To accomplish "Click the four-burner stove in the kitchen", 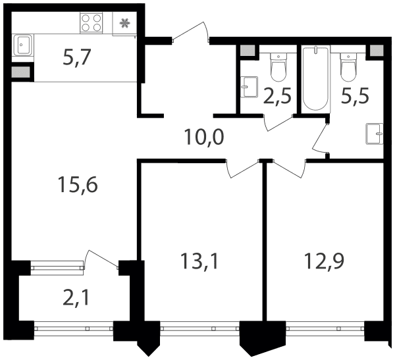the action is pos(92,23).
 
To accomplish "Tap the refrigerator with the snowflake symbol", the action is pos(124,24).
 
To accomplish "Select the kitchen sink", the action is pos(23,45).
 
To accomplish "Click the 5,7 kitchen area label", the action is pos(76,57).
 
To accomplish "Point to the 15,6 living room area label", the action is pos(78,185).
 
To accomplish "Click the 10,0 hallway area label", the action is pos(204,138).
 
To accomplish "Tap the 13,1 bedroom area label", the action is pos(199,261).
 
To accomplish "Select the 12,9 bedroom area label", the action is pos(324,261).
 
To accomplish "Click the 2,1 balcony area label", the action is pos(76,297).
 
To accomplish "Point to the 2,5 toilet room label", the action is pos(277,95).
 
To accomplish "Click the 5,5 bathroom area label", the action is pos(355,95).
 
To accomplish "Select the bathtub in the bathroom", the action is pos(316,78).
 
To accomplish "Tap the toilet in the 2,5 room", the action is pos(278,66).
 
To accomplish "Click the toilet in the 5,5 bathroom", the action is pos(348,66).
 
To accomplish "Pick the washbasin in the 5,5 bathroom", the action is pos(375,134).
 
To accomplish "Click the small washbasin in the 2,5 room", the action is pos(249,87).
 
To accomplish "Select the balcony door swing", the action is pos(101,259).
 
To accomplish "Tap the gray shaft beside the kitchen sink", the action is pos(21,72).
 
